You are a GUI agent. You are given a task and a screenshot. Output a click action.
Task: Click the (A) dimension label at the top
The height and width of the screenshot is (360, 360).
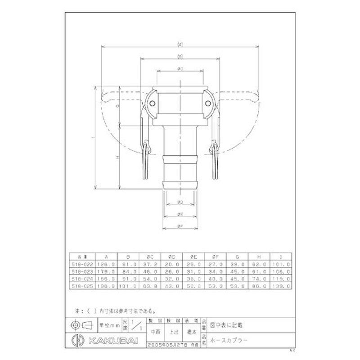pos(180,45)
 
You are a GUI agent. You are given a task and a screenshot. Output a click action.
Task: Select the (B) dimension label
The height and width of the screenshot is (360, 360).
pos(180,57)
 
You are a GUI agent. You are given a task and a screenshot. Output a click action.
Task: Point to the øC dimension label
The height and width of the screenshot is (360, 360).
pos(179,68)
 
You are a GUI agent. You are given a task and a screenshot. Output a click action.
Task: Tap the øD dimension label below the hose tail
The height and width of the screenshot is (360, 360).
pos(180,201)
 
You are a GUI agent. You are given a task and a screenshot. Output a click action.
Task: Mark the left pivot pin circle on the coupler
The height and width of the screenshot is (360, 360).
pos(152,104)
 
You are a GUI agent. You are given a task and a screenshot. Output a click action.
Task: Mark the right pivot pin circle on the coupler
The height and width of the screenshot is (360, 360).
pos(207,104)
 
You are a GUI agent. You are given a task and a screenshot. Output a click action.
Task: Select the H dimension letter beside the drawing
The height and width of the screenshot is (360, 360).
pos(117,157)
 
